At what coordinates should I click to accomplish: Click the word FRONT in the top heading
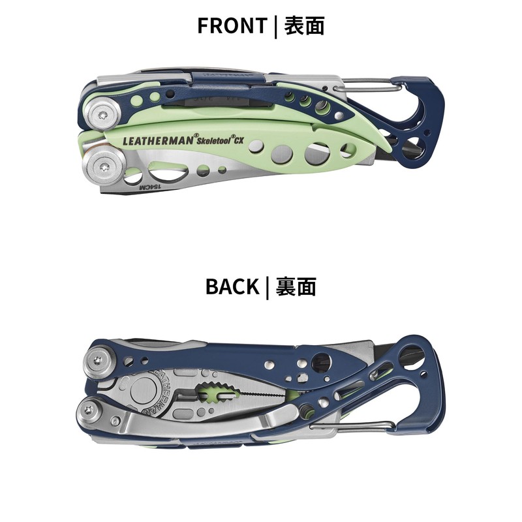tap(232, 25)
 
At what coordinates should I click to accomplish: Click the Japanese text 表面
tap(304, 25)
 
